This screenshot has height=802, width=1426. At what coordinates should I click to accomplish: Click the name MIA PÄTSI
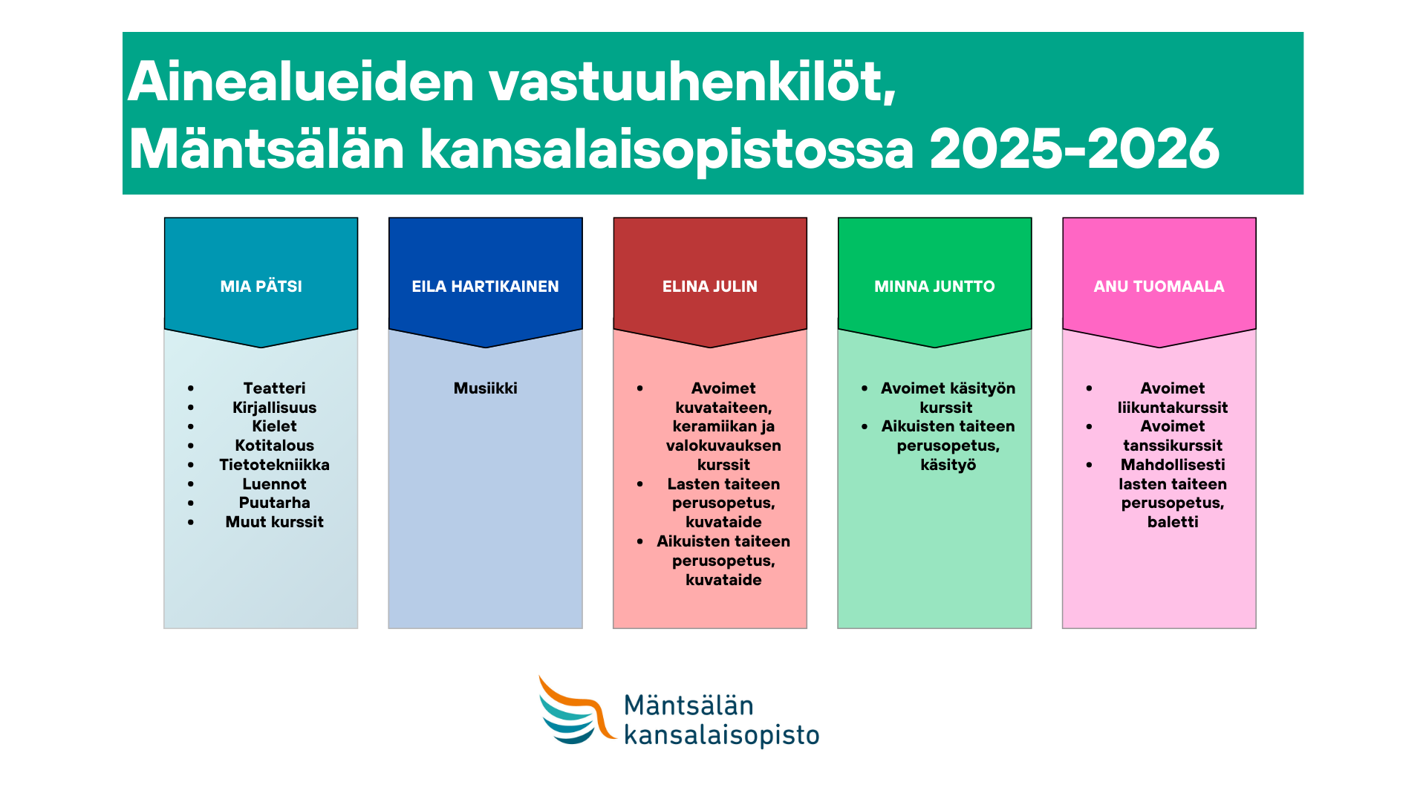tap(261, 286)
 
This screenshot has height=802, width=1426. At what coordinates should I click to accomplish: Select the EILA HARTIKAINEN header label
tap(485, 287)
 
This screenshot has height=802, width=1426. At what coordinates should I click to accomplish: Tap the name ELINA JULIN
tap(710, 287)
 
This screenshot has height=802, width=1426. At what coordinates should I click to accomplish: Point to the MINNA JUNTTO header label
tap(934, 287)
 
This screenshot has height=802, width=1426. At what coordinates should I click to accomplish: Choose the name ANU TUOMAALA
tap(1159, 287)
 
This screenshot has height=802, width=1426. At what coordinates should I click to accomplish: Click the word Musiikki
tap(486, 388)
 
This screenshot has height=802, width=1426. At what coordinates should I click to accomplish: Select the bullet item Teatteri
tap(274, 388)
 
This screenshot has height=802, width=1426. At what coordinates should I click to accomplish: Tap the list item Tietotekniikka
tap(274, 465)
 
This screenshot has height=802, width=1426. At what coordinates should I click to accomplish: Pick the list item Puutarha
tap(274, 503)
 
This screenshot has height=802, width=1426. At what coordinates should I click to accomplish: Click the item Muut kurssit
tap(274, 522)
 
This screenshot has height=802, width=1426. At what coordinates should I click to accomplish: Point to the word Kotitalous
tap(274, 446)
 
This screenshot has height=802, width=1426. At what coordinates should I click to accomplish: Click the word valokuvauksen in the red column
tap(723, 446)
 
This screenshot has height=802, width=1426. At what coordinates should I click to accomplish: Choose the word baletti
tap(1173, 522)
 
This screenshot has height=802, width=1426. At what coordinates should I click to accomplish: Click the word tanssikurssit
tap(1173, 446)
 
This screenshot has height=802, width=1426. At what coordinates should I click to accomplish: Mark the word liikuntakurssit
tap(1173, 408)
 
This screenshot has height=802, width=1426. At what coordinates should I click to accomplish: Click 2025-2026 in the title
tap(1075, 150)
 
